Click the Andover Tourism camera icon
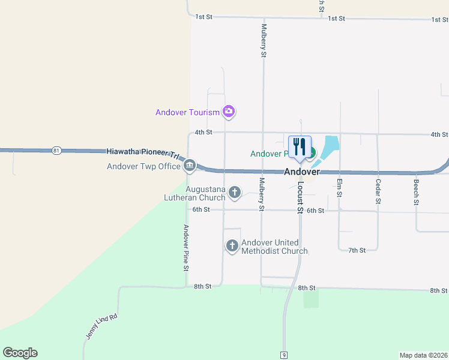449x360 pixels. pos(228,111)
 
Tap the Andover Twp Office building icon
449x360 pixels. pos(190,164)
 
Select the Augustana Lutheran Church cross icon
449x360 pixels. pos(235,192)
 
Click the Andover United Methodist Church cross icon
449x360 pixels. pos(232,245)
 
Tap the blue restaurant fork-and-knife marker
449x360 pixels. pos(299,147)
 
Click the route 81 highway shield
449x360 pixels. pos(56,150)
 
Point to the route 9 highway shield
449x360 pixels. pos(283,355)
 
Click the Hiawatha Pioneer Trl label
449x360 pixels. pos(143,153)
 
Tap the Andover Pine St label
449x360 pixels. pos(186,247)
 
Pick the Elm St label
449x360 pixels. pos(339,188)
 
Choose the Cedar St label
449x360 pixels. pos(378,191)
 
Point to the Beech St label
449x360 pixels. pos(415,191)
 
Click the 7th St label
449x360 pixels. pos(357,250)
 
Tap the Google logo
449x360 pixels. pos(20,353)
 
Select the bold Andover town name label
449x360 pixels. pos(301,172)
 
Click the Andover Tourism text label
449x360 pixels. pos(187,112)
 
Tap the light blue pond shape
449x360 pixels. pos(329,147)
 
